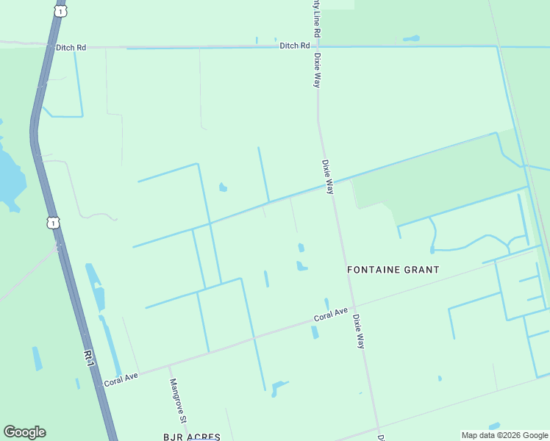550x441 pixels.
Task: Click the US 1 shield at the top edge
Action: pos(60,10)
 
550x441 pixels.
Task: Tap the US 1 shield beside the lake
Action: pos(53,222)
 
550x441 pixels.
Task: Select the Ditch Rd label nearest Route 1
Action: pos(71,47)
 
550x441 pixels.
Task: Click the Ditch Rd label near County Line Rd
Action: pos(294,46)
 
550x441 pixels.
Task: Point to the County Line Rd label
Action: pos(317,19)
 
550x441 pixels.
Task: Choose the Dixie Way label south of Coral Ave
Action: pos(358,331)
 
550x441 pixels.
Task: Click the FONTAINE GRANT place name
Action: pos(393,270)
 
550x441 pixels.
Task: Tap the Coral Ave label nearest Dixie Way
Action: pos(330,314)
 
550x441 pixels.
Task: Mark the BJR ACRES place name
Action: pos(191,437)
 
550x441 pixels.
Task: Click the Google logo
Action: pos(24,432)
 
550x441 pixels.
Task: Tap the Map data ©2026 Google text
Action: pos(504,435)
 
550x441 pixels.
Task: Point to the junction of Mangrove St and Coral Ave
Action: pos(168,366)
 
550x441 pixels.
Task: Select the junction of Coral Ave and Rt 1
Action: pos(101,387)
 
